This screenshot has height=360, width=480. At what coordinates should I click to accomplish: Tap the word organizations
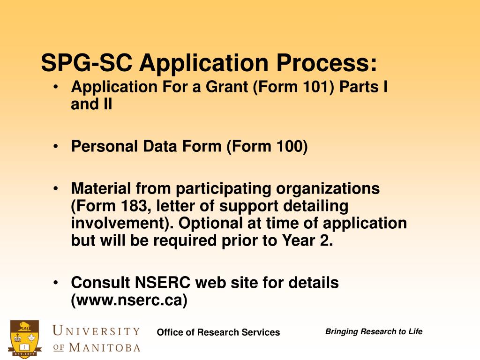(x=328, y=189)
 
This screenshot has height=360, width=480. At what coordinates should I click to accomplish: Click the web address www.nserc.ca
(x=129, y=300)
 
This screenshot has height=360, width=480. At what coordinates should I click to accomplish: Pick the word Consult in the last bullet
(x=100, y=283)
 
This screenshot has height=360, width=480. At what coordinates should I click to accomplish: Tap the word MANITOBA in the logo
(x=104, y=347)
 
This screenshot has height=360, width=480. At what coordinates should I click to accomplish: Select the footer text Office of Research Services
(x=218, y=332)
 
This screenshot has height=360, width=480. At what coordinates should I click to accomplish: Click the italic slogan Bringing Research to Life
(x=374, y=332)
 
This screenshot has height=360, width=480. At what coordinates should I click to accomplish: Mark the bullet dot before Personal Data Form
(x=56, y=147)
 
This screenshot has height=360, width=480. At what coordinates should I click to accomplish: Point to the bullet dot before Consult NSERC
(x=56, y=283)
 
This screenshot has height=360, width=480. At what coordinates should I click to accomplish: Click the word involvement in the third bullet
(x=121, y=223)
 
